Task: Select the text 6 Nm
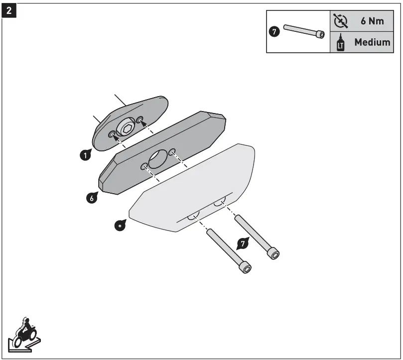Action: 372,22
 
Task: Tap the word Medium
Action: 372,42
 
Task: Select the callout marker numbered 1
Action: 86,155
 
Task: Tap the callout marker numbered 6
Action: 91,198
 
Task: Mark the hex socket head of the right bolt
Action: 273,254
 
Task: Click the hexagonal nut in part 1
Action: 126,128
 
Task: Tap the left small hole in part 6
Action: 143,166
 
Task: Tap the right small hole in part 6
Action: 172,151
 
